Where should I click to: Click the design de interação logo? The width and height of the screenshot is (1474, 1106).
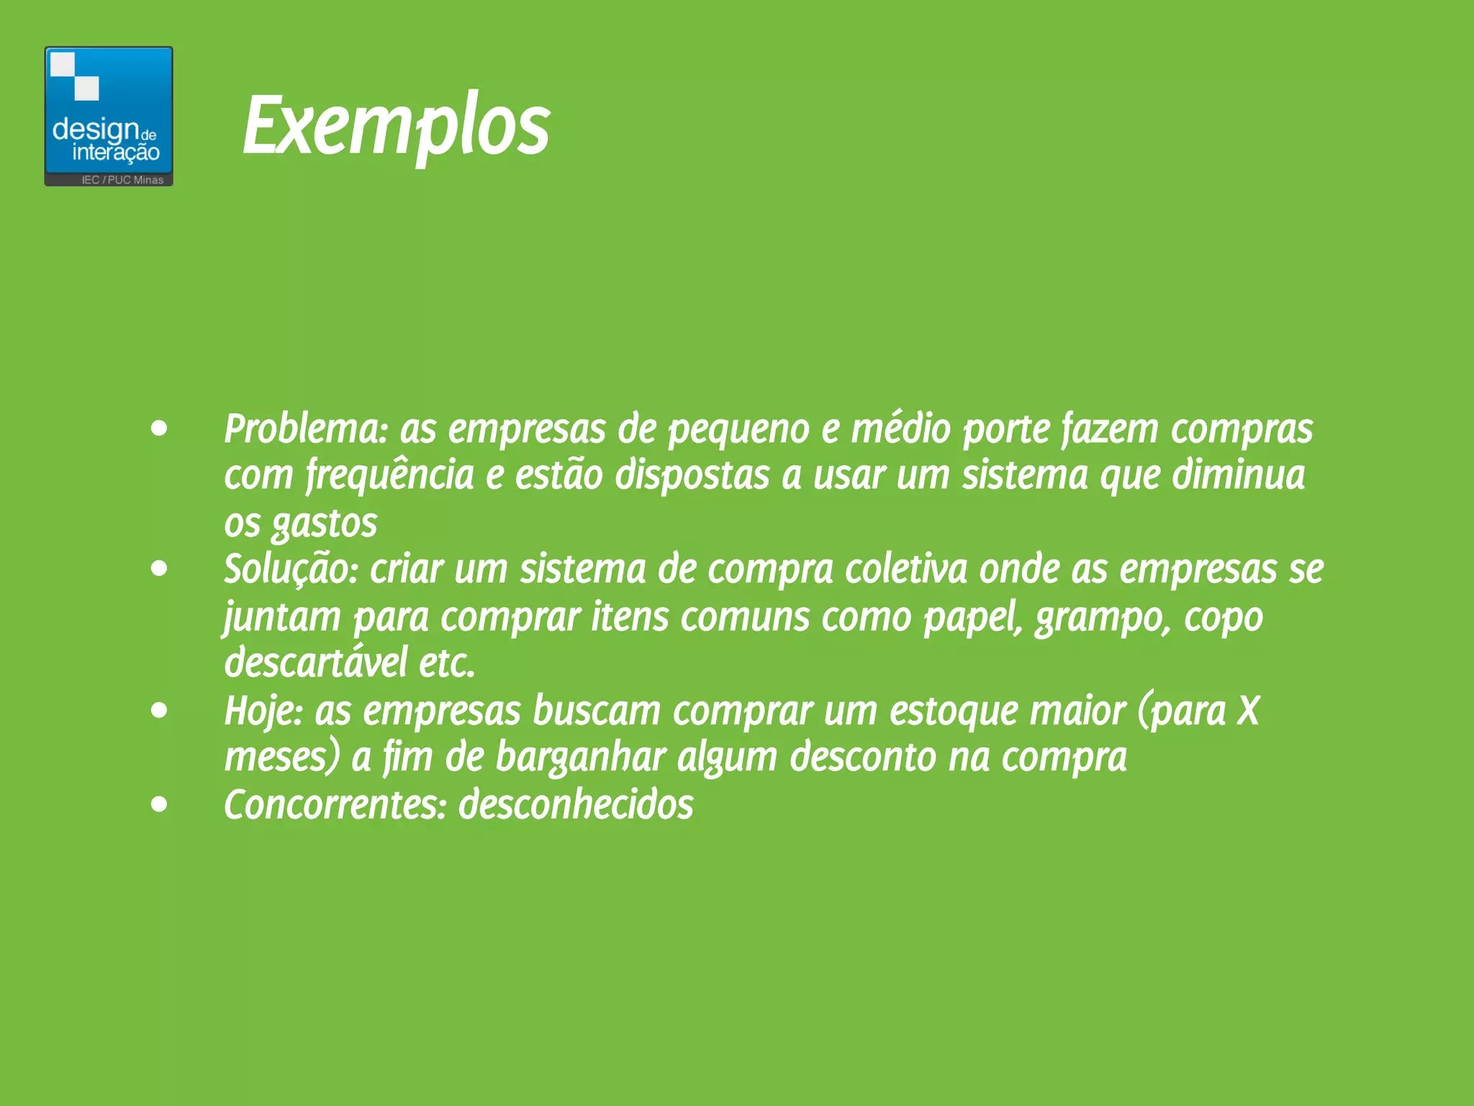click(x=109, y=115)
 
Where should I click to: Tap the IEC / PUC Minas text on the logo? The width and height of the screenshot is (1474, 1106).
click(x=122, y=180)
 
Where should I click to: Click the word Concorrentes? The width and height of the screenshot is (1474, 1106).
click(x=335, y=805)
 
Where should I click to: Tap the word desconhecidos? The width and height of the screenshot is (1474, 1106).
click(x=576, y=805)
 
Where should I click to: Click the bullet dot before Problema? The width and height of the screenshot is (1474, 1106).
click(x=159, y=430)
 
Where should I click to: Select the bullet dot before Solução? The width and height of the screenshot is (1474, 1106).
click(x=159, y=570)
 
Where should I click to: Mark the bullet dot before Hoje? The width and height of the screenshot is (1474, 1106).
click(x=159, y=711)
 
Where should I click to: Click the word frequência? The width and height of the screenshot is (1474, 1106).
click(x=389, y=476)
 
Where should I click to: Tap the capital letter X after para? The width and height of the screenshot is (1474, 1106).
click(x=1248, y=711)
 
